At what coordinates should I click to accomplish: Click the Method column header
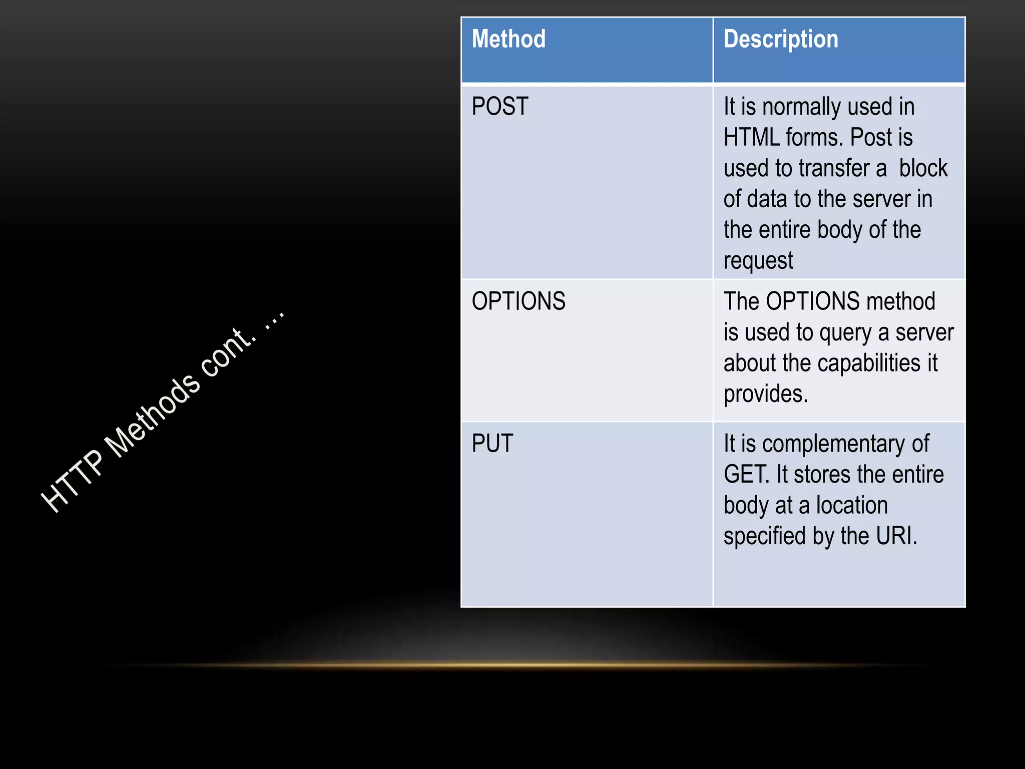coord(508,39)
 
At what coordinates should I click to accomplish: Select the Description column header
coord(781,39)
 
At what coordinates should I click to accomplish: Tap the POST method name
coord(500,106)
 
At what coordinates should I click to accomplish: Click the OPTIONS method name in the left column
coord(519,301)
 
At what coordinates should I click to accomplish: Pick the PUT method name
coord(492,444)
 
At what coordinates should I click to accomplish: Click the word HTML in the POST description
coord(751,137)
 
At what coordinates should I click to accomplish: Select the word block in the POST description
coord(923,168)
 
